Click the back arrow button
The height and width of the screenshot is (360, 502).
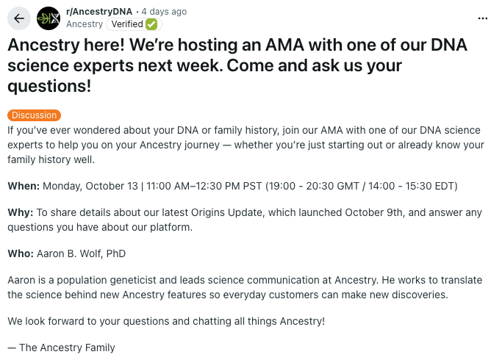point(18,18)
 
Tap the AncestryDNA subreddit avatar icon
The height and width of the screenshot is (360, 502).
point(49,18)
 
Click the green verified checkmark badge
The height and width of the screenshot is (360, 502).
point(151,24)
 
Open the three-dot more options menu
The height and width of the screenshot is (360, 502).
point(483,18)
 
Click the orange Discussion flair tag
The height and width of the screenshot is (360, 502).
point(34,115)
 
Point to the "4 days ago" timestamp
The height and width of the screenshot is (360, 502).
point(165,12)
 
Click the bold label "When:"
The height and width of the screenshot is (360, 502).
point(24,186)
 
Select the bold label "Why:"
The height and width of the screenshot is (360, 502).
point(21,213)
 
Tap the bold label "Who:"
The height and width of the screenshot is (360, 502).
point(21,253)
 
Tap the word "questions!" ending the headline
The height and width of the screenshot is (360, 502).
point(49,86)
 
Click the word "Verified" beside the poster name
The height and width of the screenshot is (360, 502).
point(126,24)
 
